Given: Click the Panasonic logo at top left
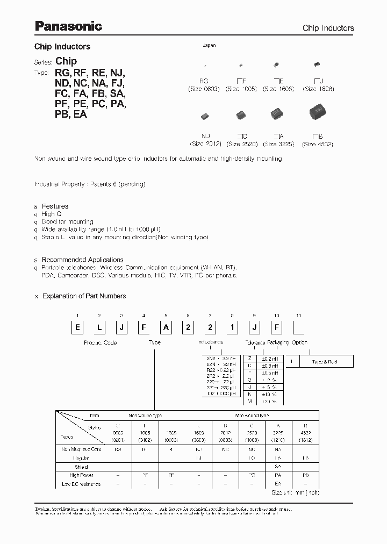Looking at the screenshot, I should (x=68, y=25).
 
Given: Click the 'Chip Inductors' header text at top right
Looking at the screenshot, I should (x=328, y=28).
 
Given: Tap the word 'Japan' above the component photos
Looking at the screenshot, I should (x=209, y=46).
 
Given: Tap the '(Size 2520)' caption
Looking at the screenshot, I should (x=242, y=144).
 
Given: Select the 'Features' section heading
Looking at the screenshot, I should (x=55, y=206).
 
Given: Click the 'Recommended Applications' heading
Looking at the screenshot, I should (x=83, y=260).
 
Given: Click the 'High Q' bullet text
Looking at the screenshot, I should (x=52, y=214).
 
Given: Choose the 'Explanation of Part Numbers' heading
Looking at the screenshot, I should (x=84, y=296).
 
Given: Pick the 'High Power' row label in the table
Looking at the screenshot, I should (x=82, y=475).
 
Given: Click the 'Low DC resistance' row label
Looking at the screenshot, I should (x=82, y=484).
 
